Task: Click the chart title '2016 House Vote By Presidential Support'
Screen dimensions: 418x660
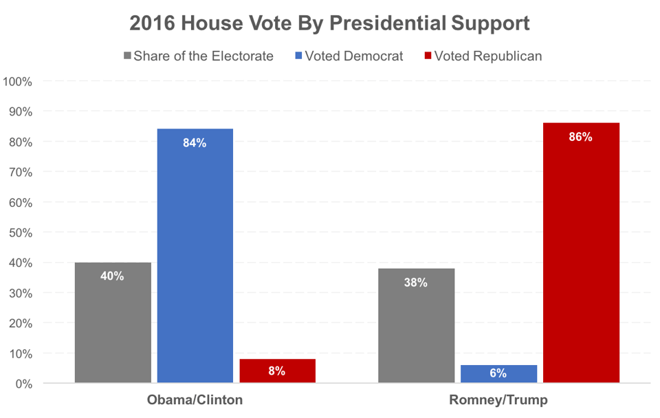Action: (x=330, y=23)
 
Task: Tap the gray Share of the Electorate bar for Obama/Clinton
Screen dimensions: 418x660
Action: (x=113, y=322)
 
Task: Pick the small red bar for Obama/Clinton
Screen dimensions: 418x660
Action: (x=277, y=371)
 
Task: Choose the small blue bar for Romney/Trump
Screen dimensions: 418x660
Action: (x=498, y=374)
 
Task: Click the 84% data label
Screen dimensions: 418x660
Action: (x=195, y=143)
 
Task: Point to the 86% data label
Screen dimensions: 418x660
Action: (x=581, y=137)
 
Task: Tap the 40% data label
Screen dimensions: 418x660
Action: (x=113, y=276)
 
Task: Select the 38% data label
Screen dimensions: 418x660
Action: (x=416, y=283)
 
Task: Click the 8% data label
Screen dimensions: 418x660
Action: (x=277, y=371)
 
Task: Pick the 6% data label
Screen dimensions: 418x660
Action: (x=498, y=374)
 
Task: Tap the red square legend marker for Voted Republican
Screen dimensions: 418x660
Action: (x=428, y=56)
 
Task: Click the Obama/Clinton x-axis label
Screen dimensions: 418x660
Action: (x=195, y=400)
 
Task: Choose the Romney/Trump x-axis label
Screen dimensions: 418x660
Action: (x=498, y=400)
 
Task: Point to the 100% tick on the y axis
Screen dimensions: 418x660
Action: (x=18, y=82)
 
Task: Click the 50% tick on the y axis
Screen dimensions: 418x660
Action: (x=20, y=232)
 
